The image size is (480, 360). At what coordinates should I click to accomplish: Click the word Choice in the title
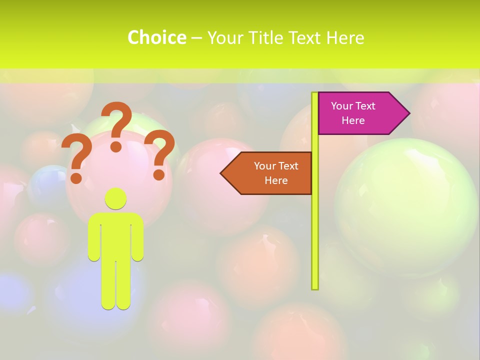point(156,38)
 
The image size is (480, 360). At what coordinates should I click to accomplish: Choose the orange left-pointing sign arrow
point(270,173)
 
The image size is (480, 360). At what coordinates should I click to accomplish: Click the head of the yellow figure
point(116,198)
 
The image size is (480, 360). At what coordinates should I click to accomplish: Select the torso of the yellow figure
point(116,235)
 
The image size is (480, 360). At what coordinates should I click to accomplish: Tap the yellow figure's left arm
point(94,237)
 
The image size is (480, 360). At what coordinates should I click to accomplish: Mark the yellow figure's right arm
point(138,237)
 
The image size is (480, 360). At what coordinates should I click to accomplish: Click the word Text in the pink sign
point(365,106)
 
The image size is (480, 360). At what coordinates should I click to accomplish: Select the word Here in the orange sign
point(276,180)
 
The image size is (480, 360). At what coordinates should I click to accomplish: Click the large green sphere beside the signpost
point(405,205)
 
